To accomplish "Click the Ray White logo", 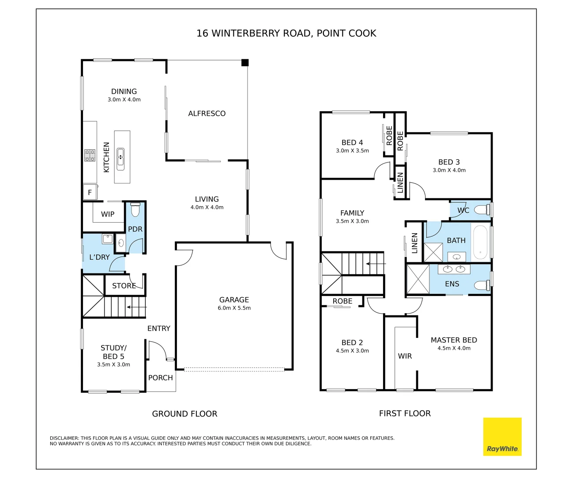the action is [x=502, y=436].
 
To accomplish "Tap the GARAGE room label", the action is [x=234, y=299].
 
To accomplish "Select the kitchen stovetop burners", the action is [x=90, y=155].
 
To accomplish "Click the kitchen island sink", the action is [x=120, y=159].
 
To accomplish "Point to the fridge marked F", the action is [x=90, y=192].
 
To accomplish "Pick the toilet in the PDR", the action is [x=135, y=210].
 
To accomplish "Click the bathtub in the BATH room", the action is [x=480, y=242].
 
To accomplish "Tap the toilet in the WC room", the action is [x=482, y=210].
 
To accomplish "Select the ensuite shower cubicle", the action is [x=418, y=279].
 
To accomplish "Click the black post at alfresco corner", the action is [x=245, y=63].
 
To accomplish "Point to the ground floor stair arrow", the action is [x=136, y=307].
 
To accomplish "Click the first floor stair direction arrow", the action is [x=376, y=264].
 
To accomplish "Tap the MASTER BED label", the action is [x=454, y=340].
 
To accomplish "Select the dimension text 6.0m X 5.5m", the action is [x=234, y=308].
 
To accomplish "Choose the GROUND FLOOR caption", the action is [x=184, y=414].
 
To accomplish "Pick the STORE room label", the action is [x=124, y=286].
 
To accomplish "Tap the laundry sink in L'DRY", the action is [x=107, y=239].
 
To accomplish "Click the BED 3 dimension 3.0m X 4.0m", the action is [x=449, y=170].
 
